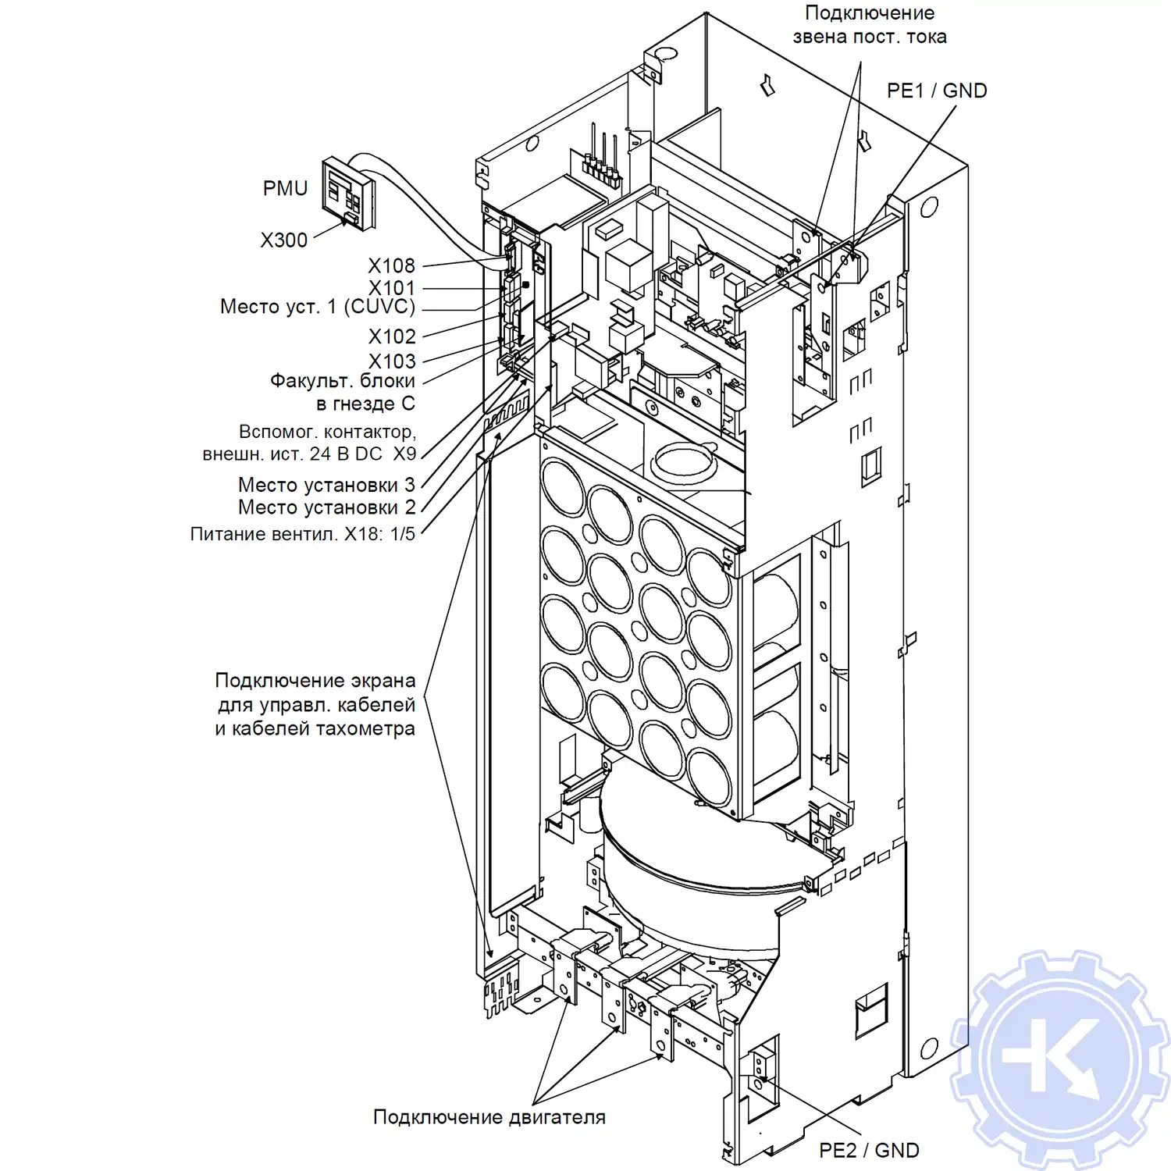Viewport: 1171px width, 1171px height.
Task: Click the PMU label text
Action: [285, 189]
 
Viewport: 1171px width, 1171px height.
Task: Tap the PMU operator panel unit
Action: [348, 194]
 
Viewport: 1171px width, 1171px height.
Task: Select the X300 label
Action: [283, 240]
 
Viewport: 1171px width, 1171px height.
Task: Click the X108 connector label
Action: [391, 266]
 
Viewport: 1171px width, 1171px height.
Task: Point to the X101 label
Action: [391, 288]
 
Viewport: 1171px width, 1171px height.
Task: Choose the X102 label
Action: [392, 336]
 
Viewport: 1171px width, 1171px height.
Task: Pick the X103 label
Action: [392, 361]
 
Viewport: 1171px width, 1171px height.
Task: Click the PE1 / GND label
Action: [937, 91]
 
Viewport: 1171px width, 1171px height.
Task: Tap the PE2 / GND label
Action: [869, 1150]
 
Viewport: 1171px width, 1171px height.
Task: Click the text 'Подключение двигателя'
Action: [489, 1117]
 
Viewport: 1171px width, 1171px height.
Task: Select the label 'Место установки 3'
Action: [326, 485]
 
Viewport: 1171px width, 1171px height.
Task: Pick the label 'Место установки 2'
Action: [326, 507]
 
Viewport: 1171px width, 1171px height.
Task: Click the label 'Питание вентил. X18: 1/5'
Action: [302, 534]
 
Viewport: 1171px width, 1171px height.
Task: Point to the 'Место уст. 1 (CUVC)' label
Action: [317, 307]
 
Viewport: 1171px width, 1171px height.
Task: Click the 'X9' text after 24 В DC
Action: [404, 454]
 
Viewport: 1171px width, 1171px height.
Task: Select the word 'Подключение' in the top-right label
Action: [869, 13]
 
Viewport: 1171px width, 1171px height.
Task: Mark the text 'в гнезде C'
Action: [365, 404]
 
